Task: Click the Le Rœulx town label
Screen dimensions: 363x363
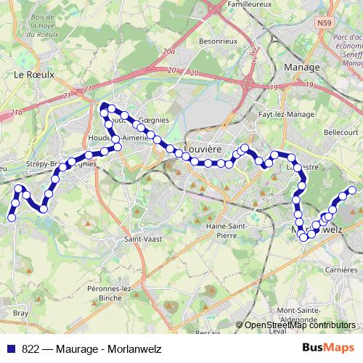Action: pyautogui.click(x=29, y=74)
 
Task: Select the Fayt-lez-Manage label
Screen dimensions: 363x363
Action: pyautogui.click(x=282, y=115)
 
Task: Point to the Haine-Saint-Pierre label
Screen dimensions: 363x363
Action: pyautogui.click(x=229, y=230)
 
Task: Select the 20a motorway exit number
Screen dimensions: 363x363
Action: pyautogui.click(x=169, y=52)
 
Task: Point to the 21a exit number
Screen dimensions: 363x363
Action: pyautogui.click(x=16, y=113)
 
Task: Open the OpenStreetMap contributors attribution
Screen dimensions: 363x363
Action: pyautogui.click(x=299, y=326)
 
